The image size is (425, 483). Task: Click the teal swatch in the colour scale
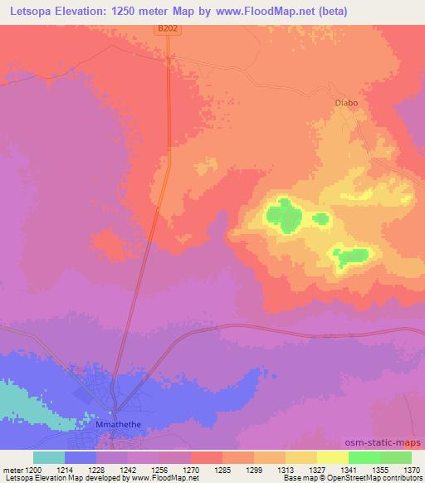tap(49, 457)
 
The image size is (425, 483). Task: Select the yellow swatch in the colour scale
tap(333, 457)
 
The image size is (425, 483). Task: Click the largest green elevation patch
tap(286, 215)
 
